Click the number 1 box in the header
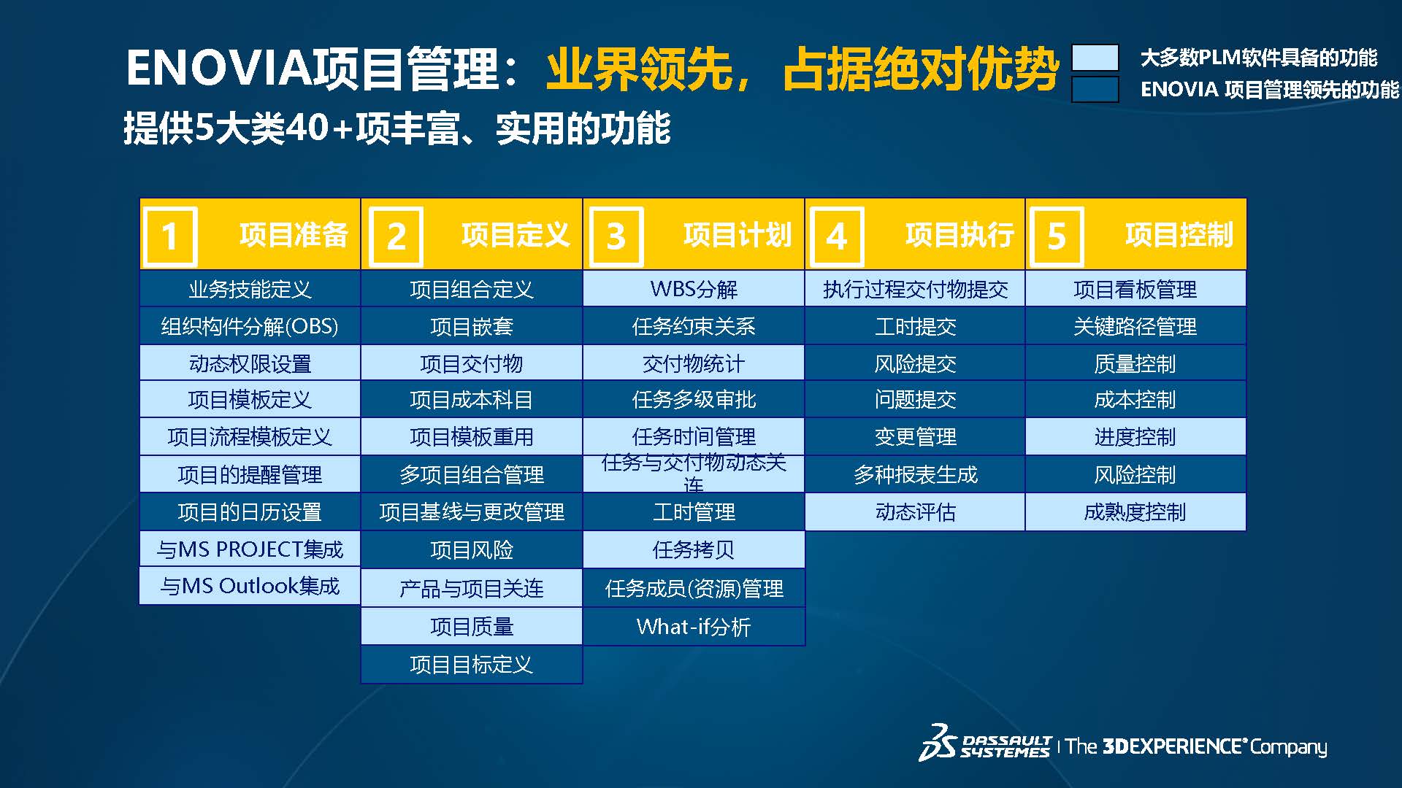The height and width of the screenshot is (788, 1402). (171, 236)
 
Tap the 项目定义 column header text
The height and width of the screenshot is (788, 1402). (515, 235)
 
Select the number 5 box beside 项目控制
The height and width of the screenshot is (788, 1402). (1057, 236)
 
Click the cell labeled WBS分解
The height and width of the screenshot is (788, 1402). (694, 289)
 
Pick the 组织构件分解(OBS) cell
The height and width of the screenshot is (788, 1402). (250, 326)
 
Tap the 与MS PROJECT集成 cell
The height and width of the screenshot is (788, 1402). (250, 549)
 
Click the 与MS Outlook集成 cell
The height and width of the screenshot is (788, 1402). (250, 586)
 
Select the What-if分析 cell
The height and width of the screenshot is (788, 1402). (694, 626)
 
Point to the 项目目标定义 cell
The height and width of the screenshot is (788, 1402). (472, 664)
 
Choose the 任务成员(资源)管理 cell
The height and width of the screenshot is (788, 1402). (694, 588)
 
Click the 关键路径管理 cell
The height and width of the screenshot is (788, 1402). (1135, 326)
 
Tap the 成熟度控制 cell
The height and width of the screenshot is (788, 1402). (1135, 511)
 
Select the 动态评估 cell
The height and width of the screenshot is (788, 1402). (915, 511)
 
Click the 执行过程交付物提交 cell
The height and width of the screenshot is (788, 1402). (915, 289)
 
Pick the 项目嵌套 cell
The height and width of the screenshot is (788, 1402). (472, 326)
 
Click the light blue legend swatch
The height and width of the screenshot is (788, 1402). (1095, 58)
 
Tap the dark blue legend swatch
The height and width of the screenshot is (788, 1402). (1095, 89)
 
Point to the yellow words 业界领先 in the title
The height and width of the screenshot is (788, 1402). (640, 69)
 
